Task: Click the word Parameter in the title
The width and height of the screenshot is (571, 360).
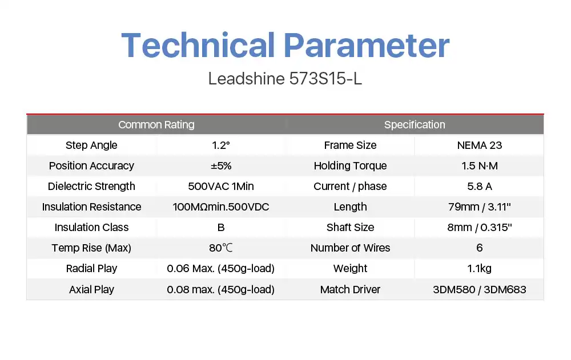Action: coord(367,45)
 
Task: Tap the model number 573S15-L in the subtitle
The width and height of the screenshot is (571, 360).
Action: coord(325,79)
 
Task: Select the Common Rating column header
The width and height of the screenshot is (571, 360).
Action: coord(156,124)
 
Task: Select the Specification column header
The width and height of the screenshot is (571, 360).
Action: coord(415,124)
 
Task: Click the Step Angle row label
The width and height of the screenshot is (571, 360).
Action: coord(91,145)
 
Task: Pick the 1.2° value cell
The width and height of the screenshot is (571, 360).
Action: coord(220,145)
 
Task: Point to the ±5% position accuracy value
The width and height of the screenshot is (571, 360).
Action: coord(221,165)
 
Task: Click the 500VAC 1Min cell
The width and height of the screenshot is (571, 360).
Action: coord(220,187)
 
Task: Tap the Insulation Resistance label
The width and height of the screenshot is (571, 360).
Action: coord(91,207)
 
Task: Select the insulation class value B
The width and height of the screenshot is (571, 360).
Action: coord(220,228)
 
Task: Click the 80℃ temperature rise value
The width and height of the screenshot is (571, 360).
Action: coord(220,248)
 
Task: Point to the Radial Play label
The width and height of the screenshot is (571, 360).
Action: coord(91,269)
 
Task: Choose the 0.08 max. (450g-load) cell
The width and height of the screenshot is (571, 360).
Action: coord(220,289)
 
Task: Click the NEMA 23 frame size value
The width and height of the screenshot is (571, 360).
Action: coord(480,145)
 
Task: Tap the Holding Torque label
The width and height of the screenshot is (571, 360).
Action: coord(351,166)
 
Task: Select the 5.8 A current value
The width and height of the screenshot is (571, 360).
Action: coord(480,187)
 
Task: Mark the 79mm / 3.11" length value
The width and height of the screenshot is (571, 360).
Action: coord(480,207)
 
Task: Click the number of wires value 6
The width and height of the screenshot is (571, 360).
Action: coord(480,248)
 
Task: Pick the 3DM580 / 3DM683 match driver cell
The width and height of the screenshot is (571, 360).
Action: coord(480,289)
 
